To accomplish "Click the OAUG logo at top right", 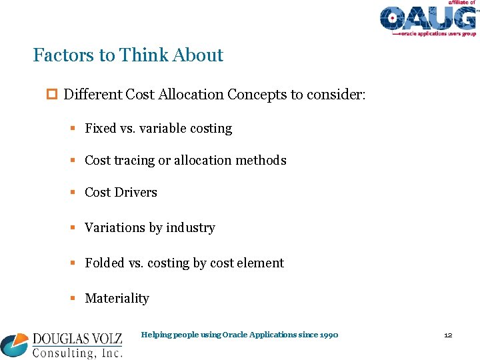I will coord(427,19).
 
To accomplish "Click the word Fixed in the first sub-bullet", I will coord(101,129).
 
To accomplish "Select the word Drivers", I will coord(135,193).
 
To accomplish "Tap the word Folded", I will coord(105,263).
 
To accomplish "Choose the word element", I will coord(261,263).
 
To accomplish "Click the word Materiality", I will coord(117,299).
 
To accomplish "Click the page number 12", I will coord(448,335).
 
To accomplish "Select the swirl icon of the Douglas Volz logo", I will coord(15,345).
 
